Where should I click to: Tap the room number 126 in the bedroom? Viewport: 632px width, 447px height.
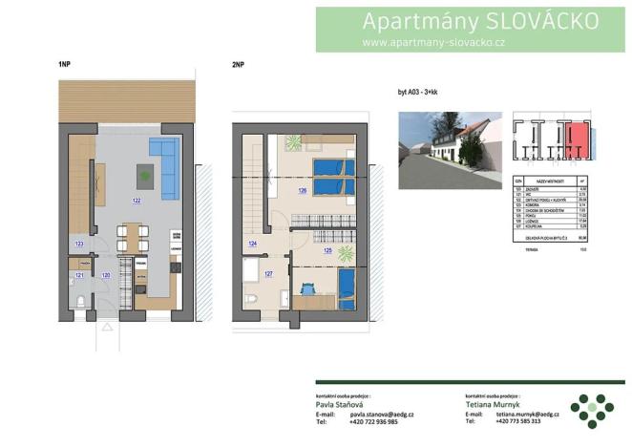point(303,191)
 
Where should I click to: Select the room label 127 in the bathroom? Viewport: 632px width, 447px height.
point(268,275)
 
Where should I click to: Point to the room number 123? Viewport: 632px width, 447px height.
point(79,245)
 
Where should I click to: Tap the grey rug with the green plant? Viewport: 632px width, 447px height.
point(145,175)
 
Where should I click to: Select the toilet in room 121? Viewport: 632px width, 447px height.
point(82,301)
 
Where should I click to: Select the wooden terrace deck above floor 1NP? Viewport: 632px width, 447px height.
point(127,96)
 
